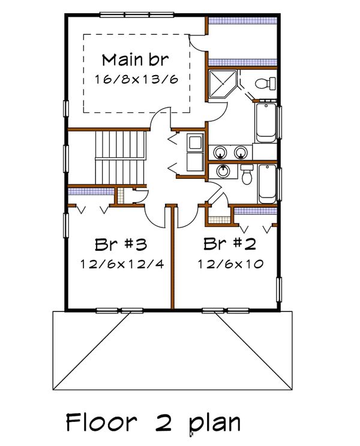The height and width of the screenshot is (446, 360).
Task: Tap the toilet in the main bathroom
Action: click(x=265, y=83)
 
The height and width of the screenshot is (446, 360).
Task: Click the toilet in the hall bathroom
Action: click(x=247, y=174)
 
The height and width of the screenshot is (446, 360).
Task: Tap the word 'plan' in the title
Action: click(x=213, y=424)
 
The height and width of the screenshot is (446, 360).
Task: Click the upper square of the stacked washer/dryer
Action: click(x=196, y=142)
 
